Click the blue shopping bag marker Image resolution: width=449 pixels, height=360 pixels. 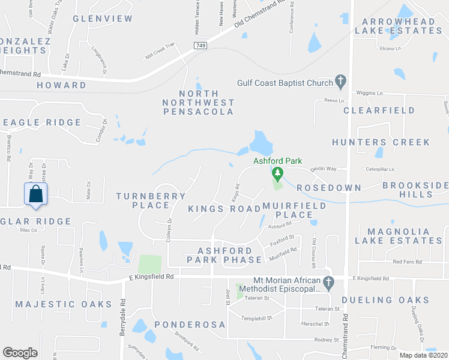tap(36, 194)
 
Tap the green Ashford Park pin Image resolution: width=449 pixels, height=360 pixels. tap(277, 174)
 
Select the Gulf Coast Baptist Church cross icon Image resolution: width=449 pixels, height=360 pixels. tap(340, 80)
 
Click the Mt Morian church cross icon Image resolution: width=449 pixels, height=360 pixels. tap(328, 281)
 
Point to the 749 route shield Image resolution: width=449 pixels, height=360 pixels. tap(200, 46)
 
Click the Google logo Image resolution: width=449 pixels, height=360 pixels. tap(20, 353)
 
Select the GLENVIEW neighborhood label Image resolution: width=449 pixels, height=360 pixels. tap(103, 19)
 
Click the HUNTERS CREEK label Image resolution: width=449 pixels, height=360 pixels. tap(381, 142)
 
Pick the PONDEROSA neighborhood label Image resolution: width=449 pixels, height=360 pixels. tap(190, 325)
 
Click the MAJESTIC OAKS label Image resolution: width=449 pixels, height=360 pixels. tap(64, 304)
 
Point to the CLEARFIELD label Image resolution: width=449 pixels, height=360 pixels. tap(379, 110)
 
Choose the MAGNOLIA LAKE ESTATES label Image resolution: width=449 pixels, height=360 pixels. tap(399, 236)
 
